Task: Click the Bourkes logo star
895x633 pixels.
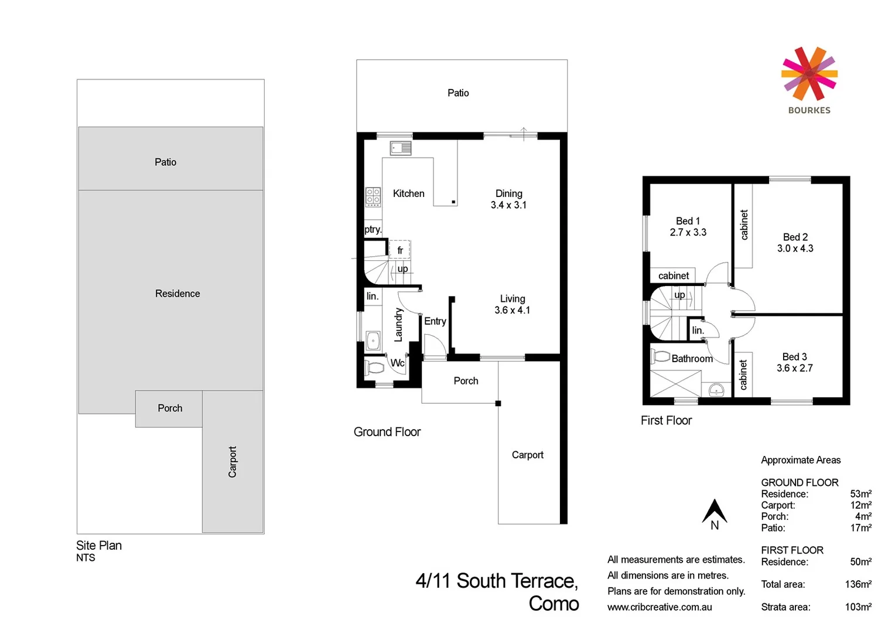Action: pyautogui.click(x=809, y=74)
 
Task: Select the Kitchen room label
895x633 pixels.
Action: pyautogui.click(x=408, y=193)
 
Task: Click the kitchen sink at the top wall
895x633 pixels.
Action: pyautogui.click(x=401, y=148)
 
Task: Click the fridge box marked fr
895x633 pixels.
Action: pyautogui.click(x=400, y=250)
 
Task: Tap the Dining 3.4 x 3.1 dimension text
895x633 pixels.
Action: pyautogui.click(x=508, y=205)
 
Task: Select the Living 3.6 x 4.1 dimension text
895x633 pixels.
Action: pyautogui.click(x=512, y=311)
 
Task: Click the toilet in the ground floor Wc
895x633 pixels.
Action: pyautogui.click(x=374, y=368)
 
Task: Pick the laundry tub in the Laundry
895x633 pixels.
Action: pyautogui.click(x=373, y=340)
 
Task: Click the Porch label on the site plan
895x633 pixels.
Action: pyautogui.click(x=170, y=409)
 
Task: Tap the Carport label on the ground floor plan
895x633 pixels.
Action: pyautogui.click(x=527, y=455)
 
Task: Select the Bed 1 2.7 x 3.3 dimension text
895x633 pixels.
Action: pyautogui.click(x=688, y=233)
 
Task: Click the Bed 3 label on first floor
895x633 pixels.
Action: pyautogui.click(x=794, y=357)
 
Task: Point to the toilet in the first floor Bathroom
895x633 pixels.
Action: pyautogui.click(x=661, y=356)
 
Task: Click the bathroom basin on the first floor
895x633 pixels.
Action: pyautogui.click(x=716, y=389)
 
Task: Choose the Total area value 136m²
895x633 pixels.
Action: pyautogui.click(x=858, y=584)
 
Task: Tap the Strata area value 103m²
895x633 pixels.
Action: pyautogui.click(x=858, y=607)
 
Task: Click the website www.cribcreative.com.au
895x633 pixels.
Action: pyautogui.click(x=660, y=607)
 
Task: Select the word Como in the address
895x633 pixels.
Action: pyautogui.click(x=554, y=604)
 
